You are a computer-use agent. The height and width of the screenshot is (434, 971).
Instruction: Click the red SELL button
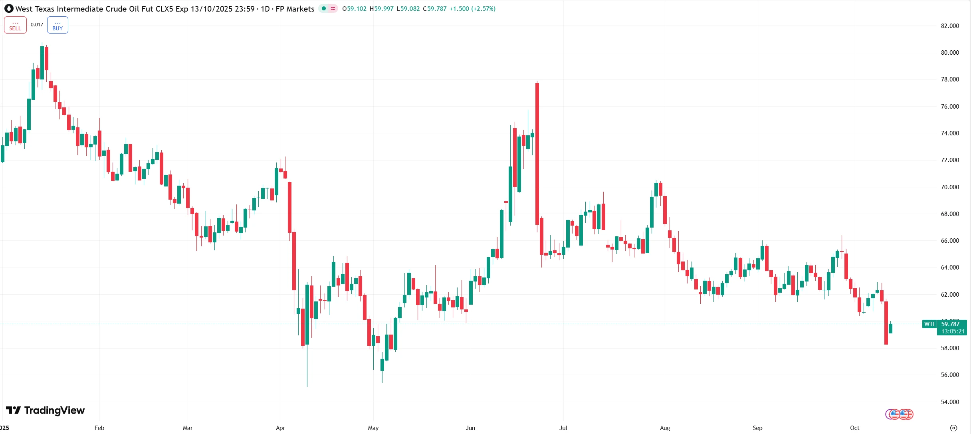pyautogui.click(x=15, y=25)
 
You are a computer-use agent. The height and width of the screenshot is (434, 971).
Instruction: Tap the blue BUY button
pyautogui.click(x=57, y=25)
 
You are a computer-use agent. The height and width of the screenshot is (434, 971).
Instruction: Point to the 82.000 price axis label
pyautogui.click(x=949, y=26)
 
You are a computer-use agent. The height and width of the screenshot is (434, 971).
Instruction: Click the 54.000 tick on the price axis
pyautogui.click(x=949, y=402)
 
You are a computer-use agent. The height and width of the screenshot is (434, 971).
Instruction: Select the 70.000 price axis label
pyautogui.click(x=949, y=187)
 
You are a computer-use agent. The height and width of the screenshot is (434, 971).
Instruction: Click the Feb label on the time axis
pyautogui.click(x=99, y=428)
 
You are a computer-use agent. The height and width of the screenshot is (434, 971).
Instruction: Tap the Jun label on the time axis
pyautogui.click(x=470, y=428)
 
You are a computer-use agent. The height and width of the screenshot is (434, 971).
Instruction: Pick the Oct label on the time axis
pyautogui.click(x=854, y=428)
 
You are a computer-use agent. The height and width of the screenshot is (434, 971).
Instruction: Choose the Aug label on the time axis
pyautogui.click(x=665, y=428)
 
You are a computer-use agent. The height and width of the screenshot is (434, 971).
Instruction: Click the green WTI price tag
pyautogui.click(x=929, y=324)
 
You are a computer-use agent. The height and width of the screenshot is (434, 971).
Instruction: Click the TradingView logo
pyautogui.click(x=46, y=410)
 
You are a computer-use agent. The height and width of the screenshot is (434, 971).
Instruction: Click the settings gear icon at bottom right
pyautogui.click(x=953, y=428)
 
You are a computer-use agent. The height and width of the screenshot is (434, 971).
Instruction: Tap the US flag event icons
pyautogui.click(x=900, y=414)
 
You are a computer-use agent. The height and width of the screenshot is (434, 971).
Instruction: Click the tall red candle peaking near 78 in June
pyautogui.click(x=537, y=152)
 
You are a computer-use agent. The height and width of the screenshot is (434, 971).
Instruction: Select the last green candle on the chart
pyautogui.click(x=890, y=328)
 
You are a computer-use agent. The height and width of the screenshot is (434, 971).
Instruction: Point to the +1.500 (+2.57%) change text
pyautogui.click(x=472, y=9)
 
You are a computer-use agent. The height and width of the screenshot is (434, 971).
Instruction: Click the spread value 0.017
pyautogui.click(x=37, y=25)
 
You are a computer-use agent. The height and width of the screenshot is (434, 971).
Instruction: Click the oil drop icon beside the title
pyautogui.click(x=9, y=8)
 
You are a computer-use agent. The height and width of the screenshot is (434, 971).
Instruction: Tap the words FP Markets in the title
pyautogui.click(x=295, y=9)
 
